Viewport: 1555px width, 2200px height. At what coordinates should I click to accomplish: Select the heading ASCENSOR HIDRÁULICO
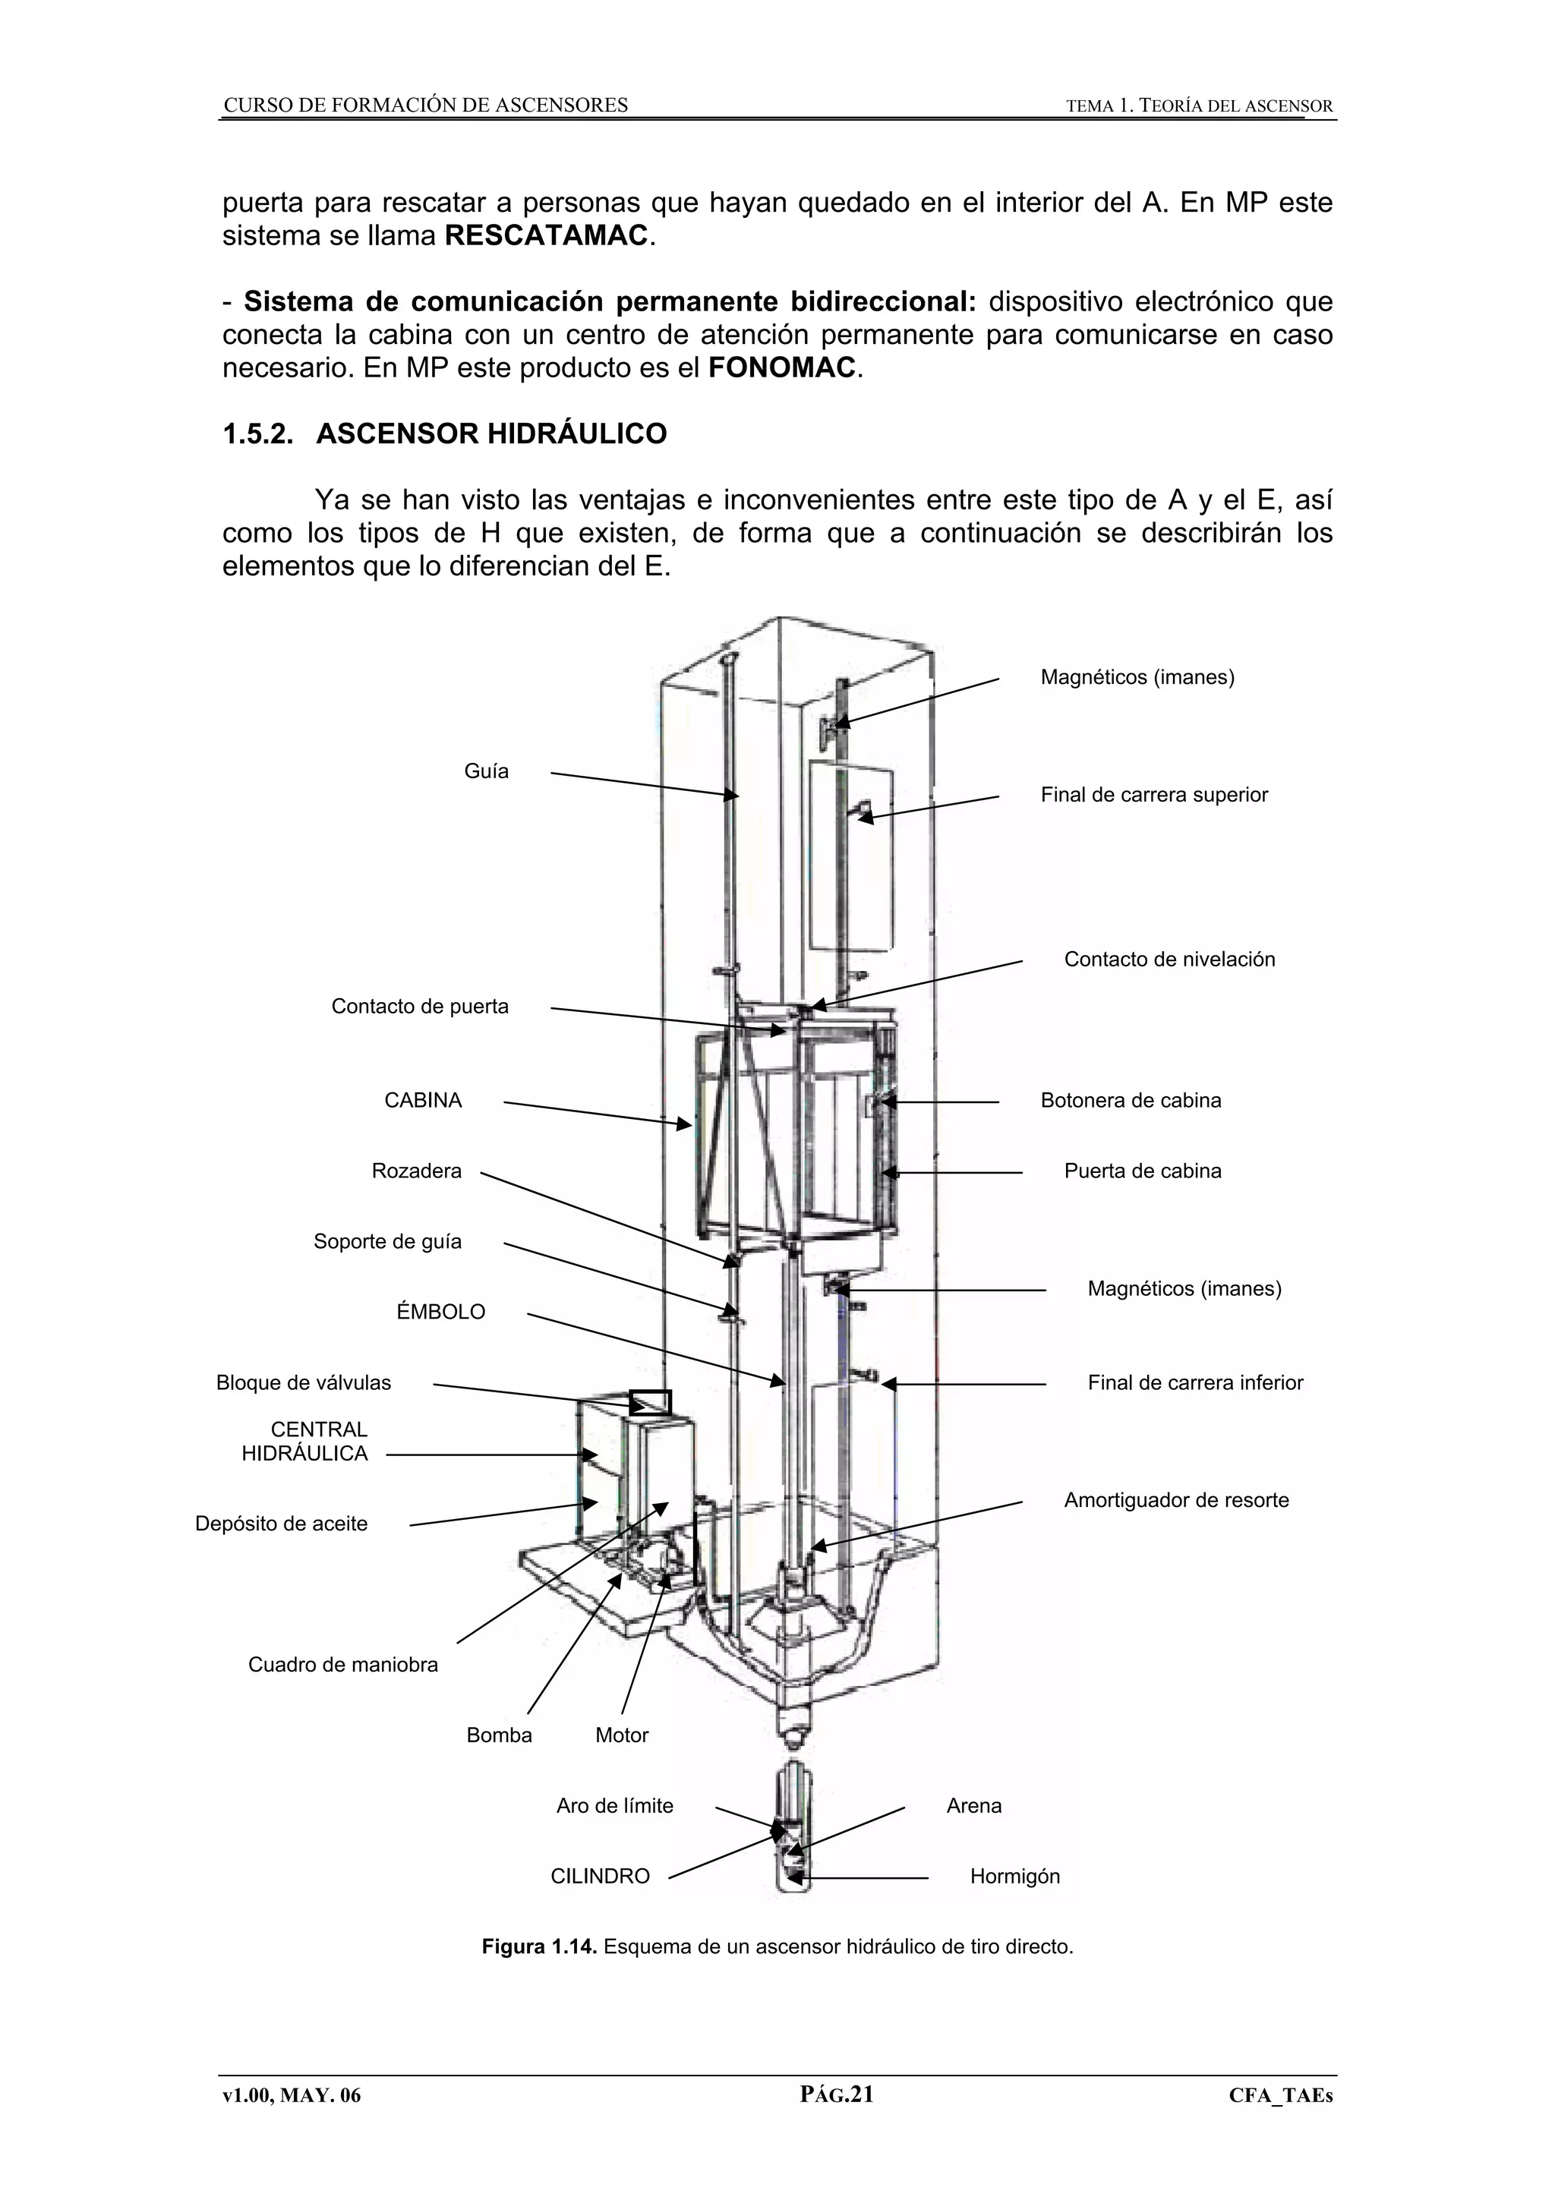click(x=490, y=434)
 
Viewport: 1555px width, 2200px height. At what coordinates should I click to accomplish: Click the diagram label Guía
click(x=486, y=771)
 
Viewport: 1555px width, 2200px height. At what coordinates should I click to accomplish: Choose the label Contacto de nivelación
click(x=1169, y=959)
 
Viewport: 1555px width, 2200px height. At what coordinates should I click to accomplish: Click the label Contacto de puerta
click(x=420, y=1006)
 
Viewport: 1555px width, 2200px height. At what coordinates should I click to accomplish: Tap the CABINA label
click(x=422, y=1100)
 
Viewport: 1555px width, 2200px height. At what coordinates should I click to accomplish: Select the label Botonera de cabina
click(x=1131, y=1100)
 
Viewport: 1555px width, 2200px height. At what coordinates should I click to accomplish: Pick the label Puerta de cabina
click(x=1142, y=1171)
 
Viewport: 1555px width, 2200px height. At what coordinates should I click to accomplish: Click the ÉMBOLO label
click(x=440, y=1312)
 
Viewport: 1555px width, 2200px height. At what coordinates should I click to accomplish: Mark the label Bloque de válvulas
click(x=304, y=1382)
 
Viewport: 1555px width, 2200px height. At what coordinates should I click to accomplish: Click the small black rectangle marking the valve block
click(x=651, y=1403)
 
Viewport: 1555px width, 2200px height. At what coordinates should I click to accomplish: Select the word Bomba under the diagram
click(x=499, y=1735)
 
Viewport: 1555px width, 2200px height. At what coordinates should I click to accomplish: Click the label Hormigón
click(x=1014, y=1876)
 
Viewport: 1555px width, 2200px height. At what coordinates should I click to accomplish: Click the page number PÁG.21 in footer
click(x=837, y=2121)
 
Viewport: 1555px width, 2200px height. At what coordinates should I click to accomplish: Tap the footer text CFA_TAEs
click(x=1280, y=2123)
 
